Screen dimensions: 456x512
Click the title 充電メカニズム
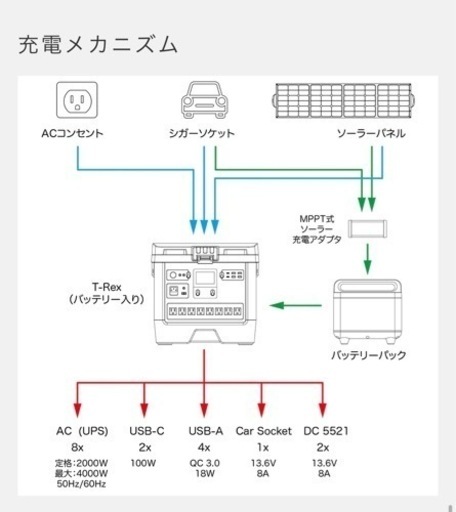[98, 45]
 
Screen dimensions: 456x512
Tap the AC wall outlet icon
[77, 100]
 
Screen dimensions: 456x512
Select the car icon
[204, 100]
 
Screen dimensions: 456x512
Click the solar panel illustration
[343, 101]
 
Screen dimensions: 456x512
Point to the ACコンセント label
[72, 133]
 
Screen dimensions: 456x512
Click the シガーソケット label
[202, 133]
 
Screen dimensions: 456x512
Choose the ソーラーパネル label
[371, 133]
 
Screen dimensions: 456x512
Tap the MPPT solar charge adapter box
[367, 229]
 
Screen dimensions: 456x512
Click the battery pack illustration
[367, 311]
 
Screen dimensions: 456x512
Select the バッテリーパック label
[369, 355]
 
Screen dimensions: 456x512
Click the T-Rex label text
[107, 287]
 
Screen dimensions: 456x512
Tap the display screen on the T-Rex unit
[205, 278]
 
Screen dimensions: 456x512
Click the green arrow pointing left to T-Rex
[296, 305]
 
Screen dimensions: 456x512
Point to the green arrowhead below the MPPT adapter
[367, 266]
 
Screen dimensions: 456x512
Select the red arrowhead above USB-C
[144, 410]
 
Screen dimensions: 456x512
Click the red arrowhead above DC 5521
[322, 410]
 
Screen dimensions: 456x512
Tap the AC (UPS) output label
[82, 431]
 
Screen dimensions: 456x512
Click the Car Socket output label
[264, 431]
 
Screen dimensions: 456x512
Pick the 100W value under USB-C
[143, 463]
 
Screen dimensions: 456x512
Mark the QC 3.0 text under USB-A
[205, 463]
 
